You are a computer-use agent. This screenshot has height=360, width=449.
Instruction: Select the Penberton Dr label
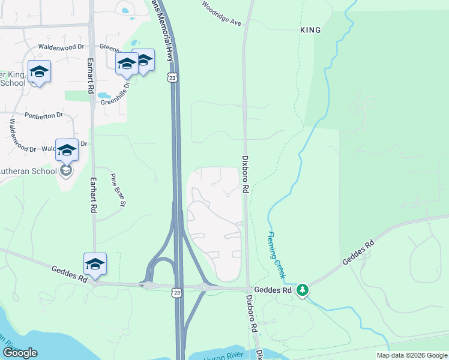point(44,115)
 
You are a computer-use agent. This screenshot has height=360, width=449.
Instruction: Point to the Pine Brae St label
point(118,190)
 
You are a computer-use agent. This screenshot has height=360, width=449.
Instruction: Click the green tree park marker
point(303,290)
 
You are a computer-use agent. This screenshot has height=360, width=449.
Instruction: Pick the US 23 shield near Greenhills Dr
point(172,77)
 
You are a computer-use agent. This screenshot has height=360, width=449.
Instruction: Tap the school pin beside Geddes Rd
point(95,263)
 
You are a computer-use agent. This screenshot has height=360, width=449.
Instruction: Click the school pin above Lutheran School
point(67,149)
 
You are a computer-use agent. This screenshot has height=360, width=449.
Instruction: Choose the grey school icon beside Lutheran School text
point(66,171)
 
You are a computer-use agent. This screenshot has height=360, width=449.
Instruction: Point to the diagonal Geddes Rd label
point(358,253)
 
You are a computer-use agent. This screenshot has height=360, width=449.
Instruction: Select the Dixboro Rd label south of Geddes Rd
point(250,320)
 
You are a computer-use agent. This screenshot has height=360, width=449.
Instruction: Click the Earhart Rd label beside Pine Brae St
point(92,195)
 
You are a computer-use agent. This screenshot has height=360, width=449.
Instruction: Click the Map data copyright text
point(411,355)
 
